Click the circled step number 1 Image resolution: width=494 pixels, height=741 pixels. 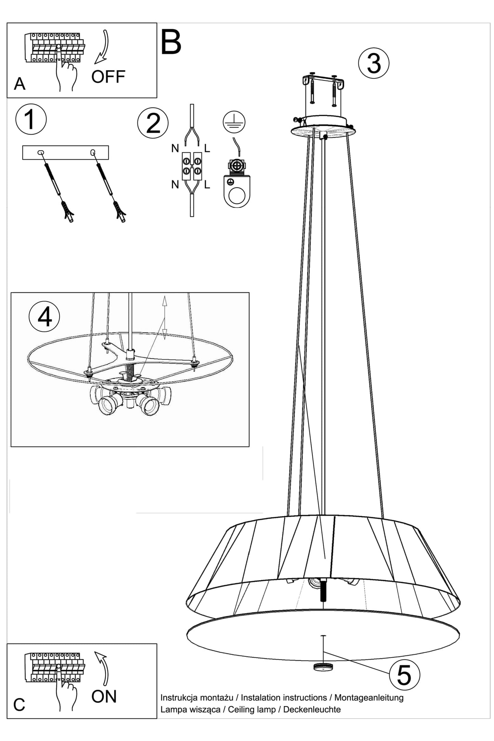(x=31, y=120)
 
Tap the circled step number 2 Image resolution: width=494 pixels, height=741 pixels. (x=153, y=124)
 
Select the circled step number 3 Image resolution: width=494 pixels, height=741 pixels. (x=374, y=64)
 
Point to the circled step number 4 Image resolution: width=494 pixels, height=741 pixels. (x=44, y=317)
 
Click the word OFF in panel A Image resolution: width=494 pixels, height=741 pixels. (x=108, y=77)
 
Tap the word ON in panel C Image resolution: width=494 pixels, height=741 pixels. (x=104, y=696)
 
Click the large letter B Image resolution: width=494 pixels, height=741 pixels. (x=171, y=42)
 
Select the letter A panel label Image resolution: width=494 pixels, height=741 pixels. (x=19, y=84)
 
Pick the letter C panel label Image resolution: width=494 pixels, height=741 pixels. (x=19, y=705)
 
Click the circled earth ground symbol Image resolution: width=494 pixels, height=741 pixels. (x=234, y=122)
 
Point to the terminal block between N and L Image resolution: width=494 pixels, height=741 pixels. (x=192, y=166)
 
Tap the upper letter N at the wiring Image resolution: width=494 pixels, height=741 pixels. (x=175, y=148)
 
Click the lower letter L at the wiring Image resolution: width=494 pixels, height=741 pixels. (x=207, y=185)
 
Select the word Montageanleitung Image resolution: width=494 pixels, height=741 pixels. (x=369, y=698)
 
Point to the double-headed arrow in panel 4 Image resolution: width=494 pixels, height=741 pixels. (x=164, y=318)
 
